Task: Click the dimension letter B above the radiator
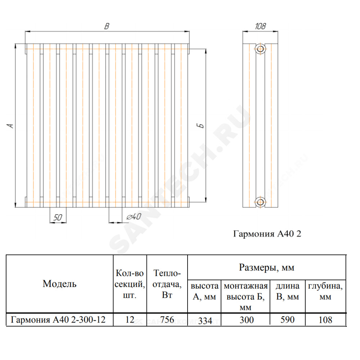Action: tap(107, 26)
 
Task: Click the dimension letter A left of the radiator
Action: tap(10, 126)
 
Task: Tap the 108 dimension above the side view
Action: tap(260, 26)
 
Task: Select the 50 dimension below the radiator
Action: tap(58, 217)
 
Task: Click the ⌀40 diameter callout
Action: tap(134, 216)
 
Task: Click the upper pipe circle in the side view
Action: tap(260, 49)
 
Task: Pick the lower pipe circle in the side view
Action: tap(260, 202)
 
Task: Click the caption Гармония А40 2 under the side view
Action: tap(267, 234)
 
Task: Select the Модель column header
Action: tap(59, 284)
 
